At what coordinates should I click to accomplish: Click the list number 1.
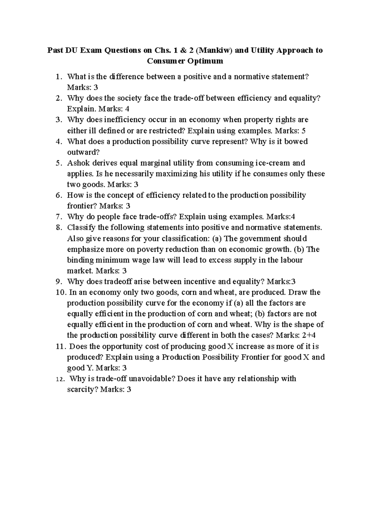(59, 77)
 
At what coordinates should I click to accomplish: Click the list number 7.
(59, 217)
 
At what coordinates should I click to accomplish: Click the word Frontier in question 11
(255, 357)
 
